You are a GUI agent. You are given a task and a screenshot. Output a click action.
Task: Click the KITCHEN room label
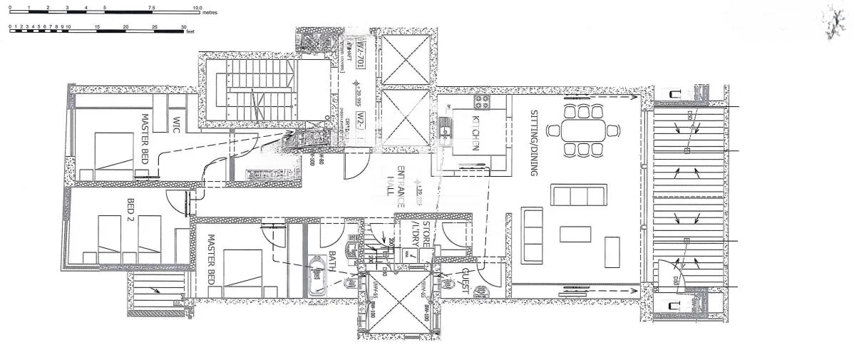pos(474,133)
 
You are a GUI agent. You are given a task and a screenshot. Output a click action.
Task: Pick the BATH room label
pos(332,261)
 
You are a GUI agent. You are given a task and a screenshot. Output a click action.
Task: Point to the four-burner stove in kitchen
pos(481,102)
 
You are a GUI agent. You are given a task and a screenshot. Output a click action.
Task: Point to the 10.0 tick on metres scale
pos(197,6)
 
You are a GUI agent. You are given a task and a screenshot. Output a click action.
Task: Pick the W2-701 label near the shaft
pos(361,58)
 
